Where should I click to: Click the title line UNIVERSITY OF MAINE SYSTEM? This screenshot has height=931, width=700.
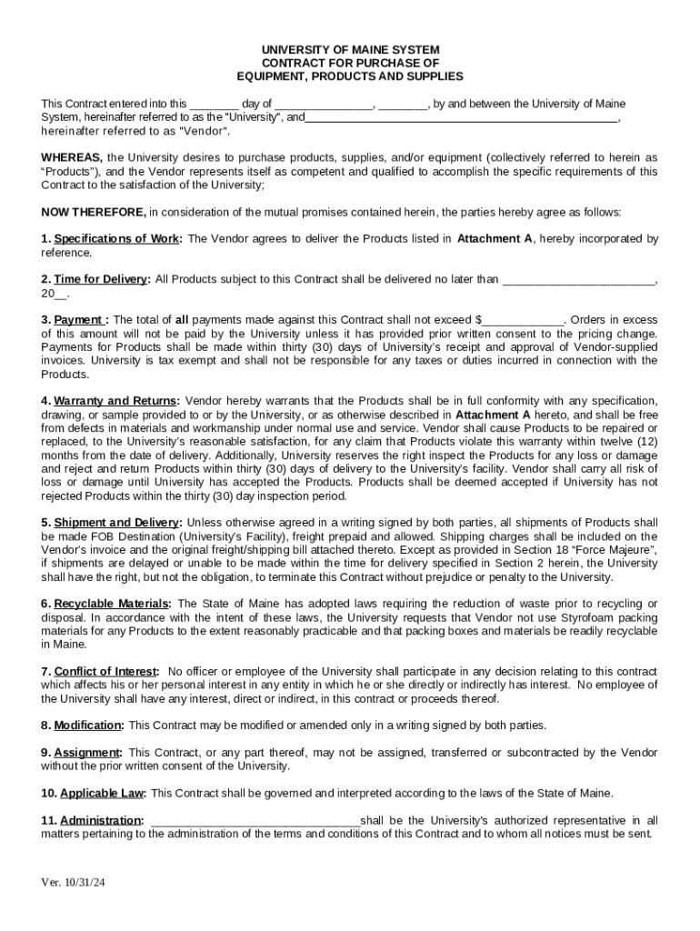click(x=350, y=49)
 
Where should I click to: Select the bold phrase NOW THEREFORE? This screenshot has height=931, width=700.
click(x=93, y=212)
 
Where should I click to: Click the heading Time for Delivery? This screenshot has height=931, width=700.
click(x=101, y=279)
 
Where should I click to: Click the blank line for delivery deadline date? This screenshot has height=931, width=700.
click(x=579, y=279)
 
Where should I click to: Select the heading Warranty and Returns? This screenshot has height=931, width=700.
click(x=115, y=401)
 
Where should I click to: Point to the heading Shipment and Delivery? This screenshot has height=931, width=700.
click(x=118, y=523)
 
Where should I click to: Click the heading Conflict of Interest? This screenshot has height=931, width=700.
click(x=105, y=671)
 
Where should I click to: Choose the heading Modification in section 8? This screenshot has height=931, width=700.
click(x=88, y=726)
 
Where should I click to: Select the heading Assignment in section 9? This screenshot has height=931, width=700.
click(x=87, y=753)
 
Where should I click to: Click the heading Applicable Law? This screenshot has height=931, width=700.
click(x=102, y=793)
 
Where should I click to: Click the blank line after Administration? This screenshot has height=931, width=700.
click(x=255, y=820)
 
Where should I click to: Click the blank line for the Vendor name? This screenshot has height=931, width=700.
click(x=462, y=117)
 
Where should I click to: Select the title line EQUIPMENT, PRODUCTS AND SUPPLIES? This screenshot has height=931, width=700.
click(x=350, y=76)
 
